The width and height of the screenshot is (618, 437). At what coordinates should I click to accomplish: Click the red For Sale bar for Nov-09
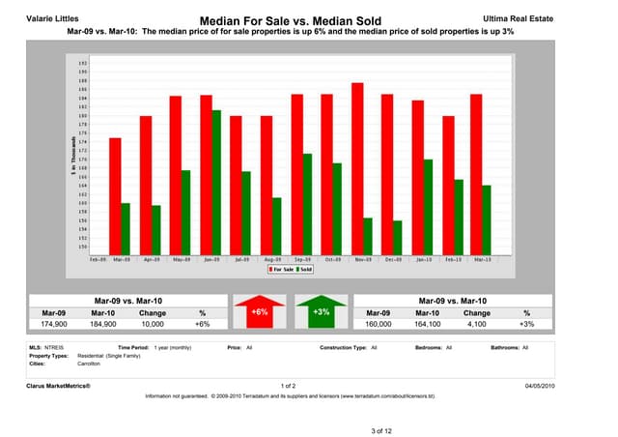tap(356, 167)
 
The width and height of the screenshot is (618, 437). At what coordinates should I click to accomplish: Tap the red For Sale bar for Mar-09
tap(115, 195)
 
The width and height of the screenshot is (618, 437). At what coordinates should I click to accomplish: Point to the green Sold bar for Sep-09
tap(307, 203)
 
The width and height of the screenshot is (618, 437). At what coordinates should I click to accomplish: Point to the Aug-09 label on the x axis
tap(271, 259)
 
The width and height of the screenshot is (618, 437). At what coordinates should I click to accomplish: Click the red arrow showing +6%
tap(259, 313)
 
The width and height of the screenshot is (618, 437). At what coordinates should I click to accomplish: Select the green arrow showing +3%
tap(322, 313)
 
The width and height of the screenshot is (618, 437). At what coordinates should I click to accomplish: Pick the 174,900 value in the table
tap(54, 325)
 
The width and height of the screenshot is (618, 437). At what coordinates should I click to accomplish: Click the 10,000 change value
tap(153, 325)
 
